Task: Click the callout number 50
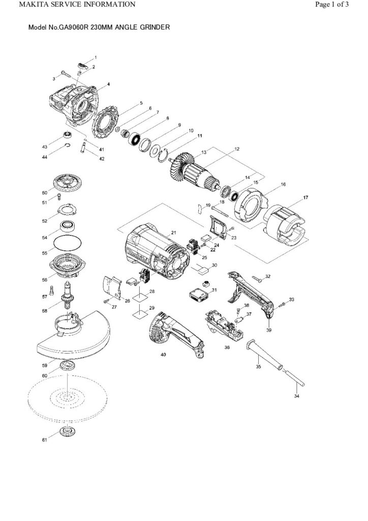pyautogui.click(x=44, y=193)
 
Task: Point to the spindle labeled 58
pyautogui.click(x=68, y=300)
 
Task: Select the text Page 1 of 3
pyautogui.click(x=332, y=5)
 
